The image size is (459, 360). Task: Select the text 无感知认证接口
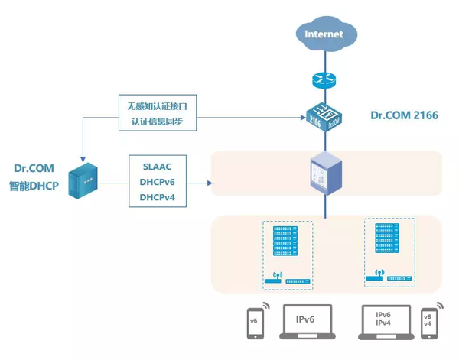pyautogui.click(x=153, y=105)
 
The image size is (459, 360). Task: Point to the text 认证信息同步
pyautogui.click(x=153, y=122)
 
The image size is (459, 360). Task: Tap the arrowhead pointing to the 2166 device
pyautogui.click(x=301, y=117)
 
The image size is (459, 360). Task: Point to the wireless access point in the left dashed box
pyautogui.click(x=273, y=280)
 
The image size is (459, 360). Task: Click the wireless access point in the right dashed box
pyautogui.click(x=375, y=277)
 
